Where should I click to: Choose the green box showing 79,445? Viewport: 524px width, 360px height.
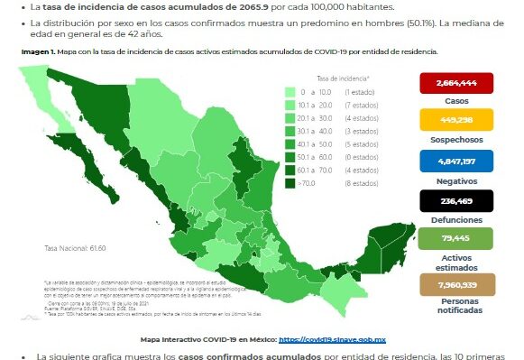click(x=455, y=237)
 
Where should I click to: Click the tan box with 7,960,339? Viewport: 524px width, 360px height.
click(x=455, y=284)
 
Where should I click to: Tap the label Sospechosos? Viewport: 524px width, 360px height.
click(x=455, y=140)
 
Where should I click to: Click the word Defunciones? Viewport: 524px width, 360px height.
click(x=455, y=218)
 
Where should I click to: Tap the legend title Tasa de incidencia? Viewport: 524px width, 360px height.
click(x=336, y=78)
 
